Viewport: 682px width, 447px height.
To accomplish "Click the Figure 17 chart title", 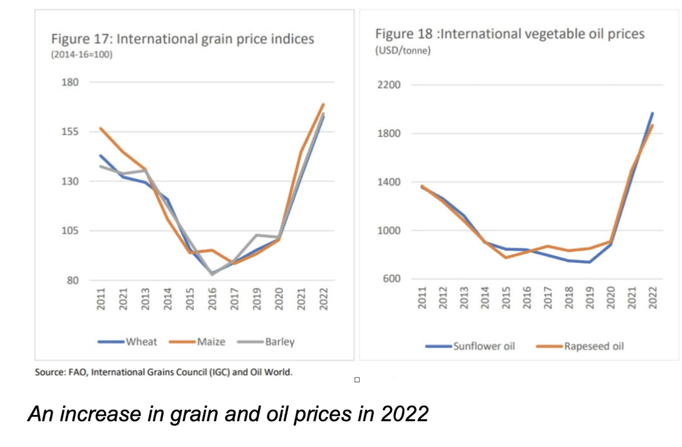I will click(x=182, y=39).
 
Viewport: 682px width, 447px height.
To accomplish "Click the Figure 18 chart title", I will click(x=510, y=34).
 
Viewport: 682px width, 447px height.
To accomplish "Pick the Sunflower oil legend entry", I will click(x=470, y=346).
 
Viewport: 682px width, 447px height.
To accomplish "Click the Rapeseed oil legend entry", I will click(x=578, y=346).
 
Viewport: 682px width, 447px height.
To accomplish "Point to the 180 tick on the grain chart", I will click(x=71, y=83).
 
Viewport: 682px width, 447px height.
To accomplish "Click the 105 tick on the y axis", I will click(x=71, y=231).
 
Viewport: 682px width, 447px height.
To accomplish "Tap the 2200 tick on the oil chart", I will click(x=387, y=85).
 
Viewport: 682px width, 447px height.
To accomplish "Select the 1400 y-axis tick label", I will click(x=387, y=183).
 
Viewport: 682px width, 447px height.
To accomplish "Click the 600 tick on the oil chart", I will click(x=390, y=280).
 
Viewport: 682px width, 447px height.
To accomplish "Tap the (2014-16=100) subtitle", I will click(x=82, y=55).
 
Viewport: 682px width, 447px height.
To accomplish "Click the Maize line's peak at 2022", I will click(x=323, y=104).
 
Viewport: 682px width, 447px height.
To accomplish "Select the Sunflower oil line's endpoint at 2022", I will click(x=652, y=113).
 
